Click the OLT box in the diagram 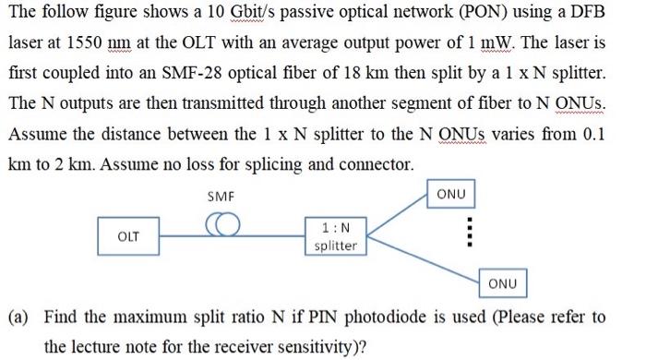[128, 236]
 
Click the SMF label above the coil [221, 197]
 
